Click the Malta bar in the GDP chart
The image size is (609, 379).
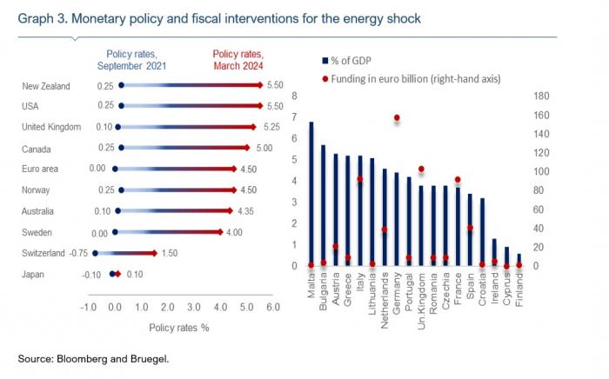pyautogui.click(x=311, y=194)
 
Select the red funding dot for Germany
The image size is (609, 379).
pyautogui.click(x=397, y=117)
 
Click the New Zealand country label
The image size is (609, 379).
pyautogui.click(x=46, y=85)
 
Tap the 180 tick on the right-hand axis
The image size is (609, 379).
pyautogui.click(x=540, y=96)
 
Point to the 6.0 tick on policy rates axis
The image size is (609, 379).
pyautogui.click(x=271, y=307)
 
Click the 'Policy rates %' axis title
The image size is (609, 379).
pyautogui.click(x=179, y=328)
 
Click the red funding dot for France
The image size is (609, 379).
pyautogui.click(x=458, y=179)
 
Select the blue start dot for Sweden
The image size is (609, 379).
pyautogui.click(x=115, y=232)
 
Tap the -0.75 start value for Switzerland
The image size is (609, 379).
pyautogui.click(x=77, y=253)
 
